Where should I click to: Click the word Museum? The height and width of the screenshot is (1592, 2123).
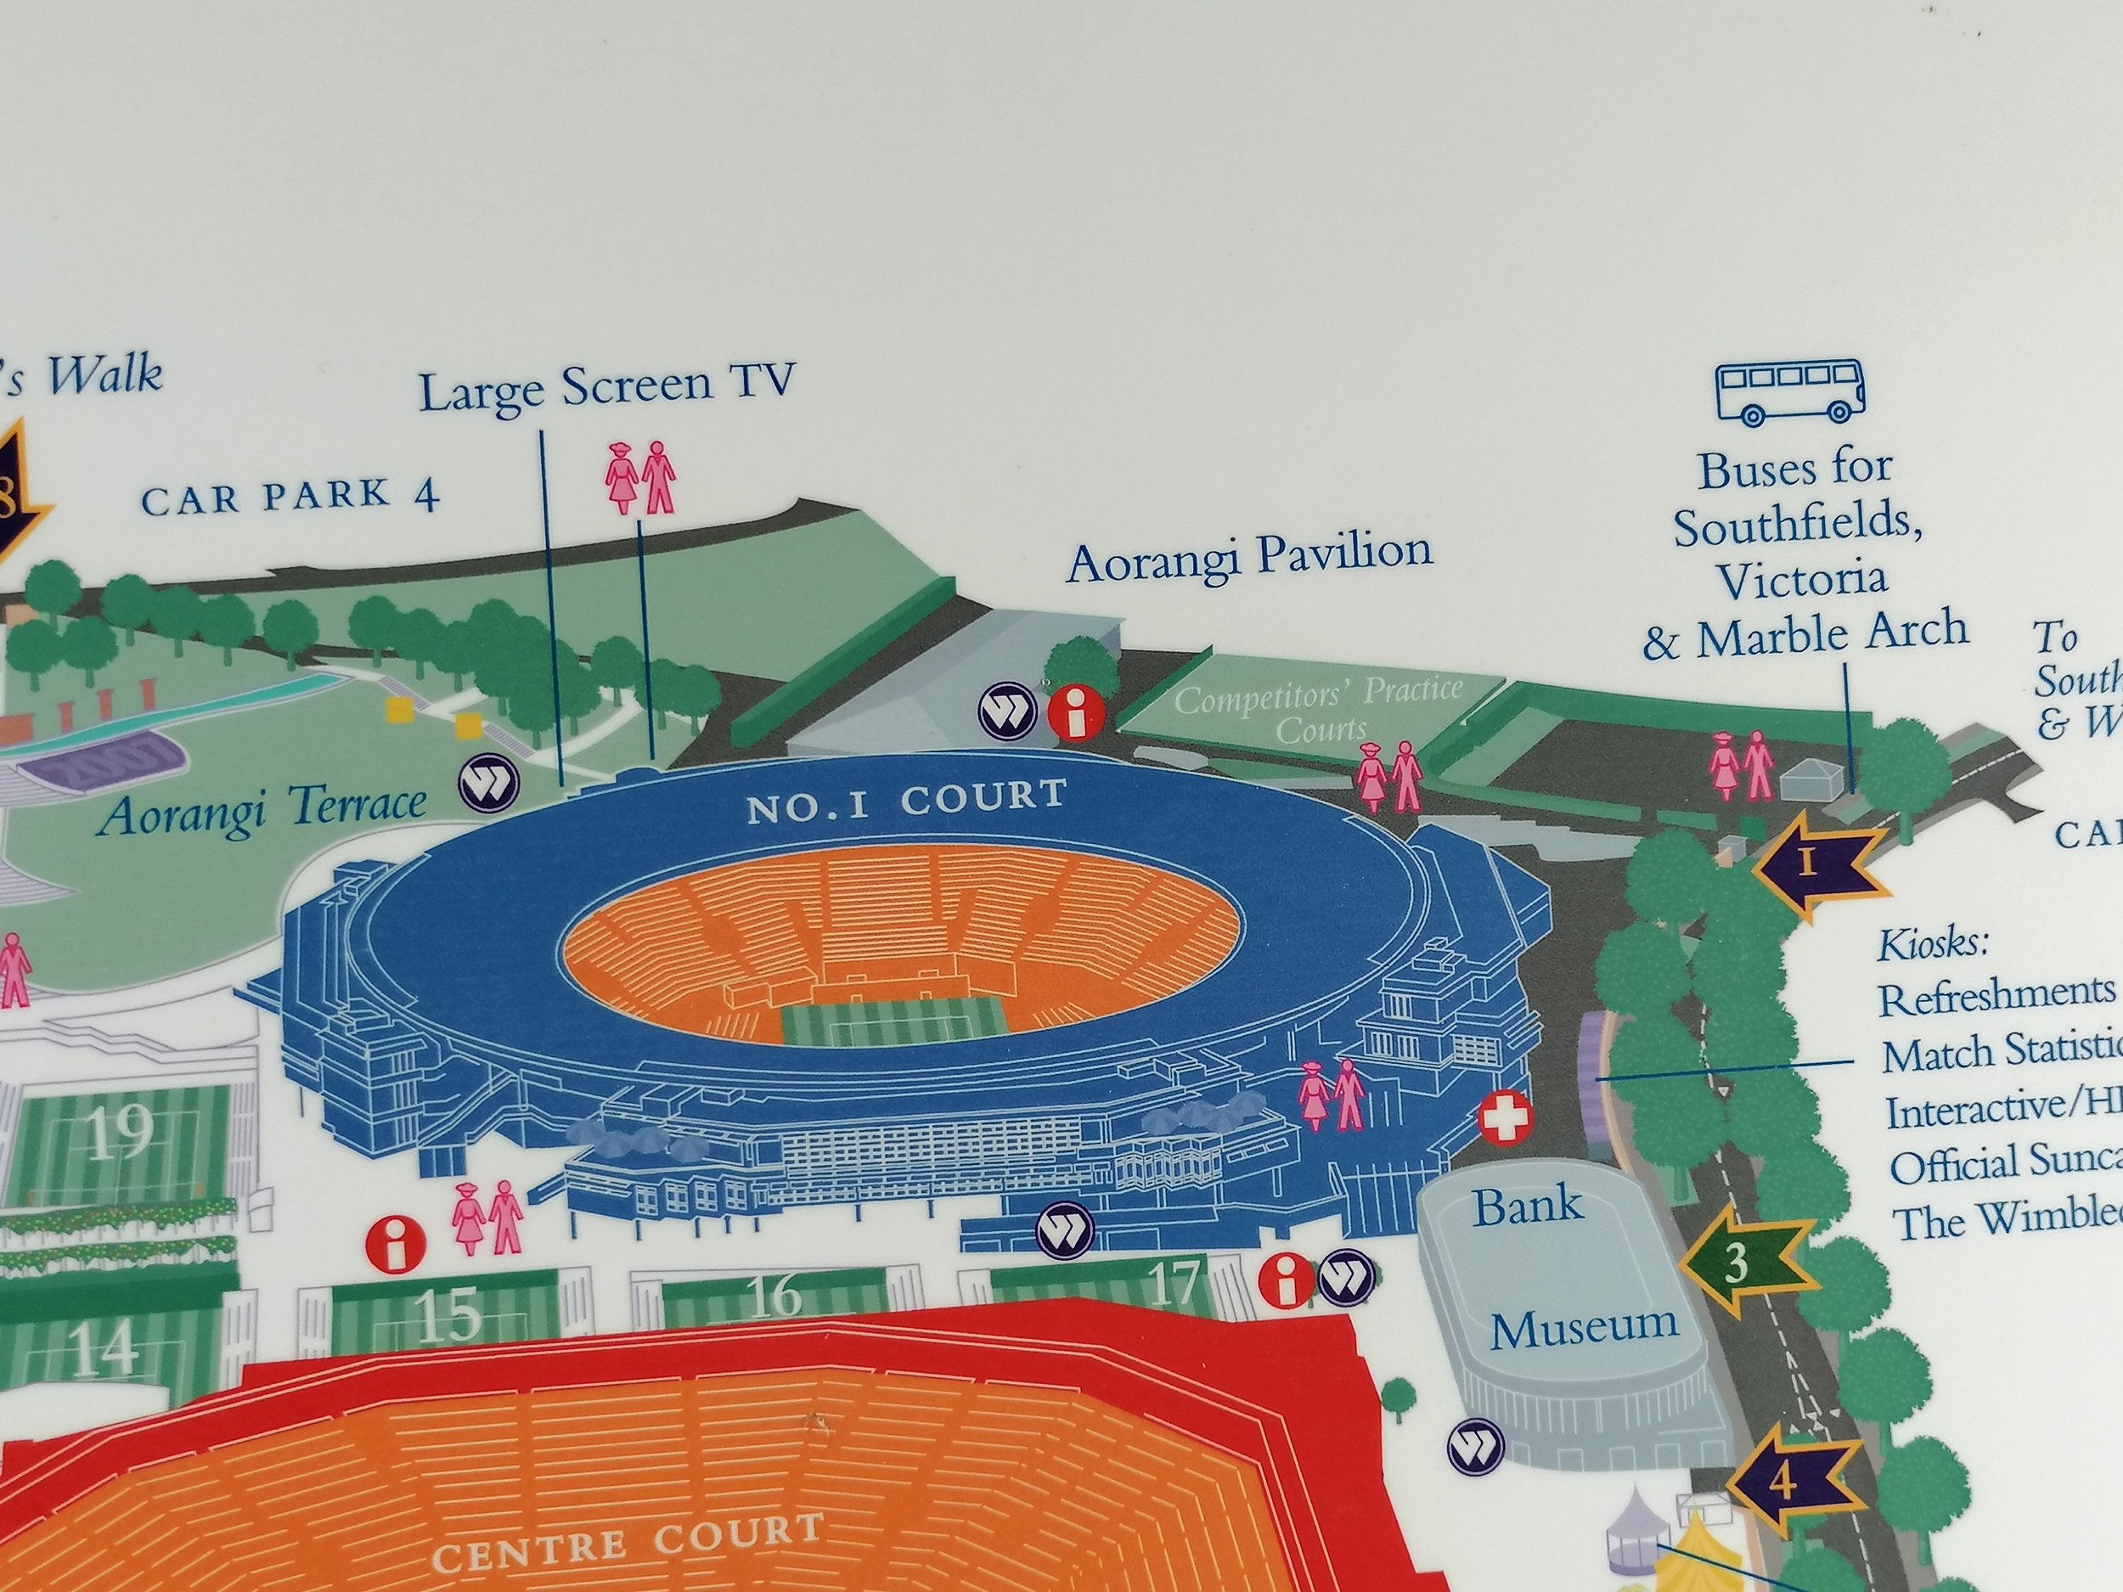point(1584,1327)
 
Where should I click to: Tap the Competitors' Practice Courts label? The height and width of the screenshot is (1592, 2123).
point(1319,710)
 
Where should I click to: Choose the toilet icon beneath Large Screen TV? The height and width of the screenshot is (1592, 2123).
point(641,477)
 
